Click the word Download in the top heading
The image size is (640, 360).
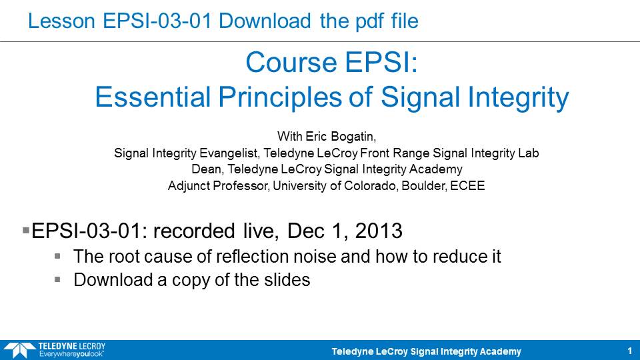265,21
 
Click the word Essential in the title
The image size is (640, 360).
152,97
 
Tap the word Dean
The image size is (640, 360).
207,169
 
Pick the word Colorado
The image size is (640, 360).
371,186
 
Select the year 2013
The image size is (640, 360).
379,231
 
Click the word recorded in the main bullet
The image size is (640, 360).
194,231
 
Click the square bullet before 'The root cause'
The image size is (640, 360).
57,256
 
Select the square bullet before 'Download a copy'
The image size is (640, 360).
57,279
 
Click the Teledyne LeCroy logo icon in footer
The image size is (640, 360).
19,350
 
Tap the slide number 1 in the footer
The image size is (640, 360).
630,351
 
